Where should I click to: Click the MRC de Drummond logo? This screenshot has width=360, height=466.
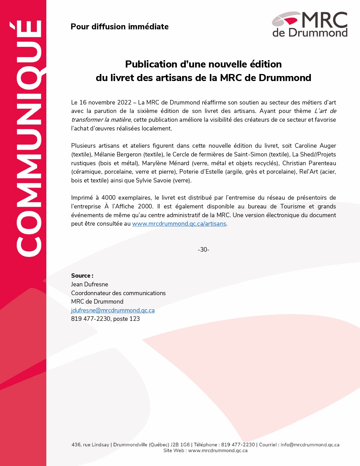309,24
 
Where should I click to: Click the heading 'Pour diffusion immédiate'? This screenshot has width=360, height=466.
119,27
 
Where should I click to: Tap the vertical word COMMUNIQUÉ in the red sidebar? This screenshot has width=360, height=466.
29,138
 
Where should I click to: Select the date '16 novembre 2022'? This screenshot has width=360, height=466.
105,102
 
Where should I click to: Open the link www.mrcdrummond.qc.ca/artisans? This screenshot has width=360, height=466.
179,224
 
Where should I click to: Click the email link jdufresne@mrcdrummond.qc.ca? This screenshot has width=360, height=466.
113,310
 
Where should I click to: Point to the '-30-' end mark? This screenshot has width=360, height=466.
203,250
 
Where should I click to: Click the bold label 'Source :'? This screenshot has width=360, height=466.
82,276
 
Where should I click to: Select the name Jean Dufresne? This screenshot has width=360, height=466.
90,284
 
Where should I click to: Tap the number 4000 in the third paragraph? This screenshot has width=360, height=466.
108,198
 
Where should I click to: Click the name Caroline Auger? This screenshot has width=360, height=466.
315,146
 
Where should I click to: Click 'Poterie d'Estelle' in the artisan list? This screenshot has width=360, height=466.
201,172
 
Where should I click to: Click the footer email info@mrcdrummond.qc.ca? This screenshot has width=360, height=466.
310,445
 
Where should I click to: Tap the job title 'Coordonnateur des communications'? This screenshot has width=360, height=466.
118,293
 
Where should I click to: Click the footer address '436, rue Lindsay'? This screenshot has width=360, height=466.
90,445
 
